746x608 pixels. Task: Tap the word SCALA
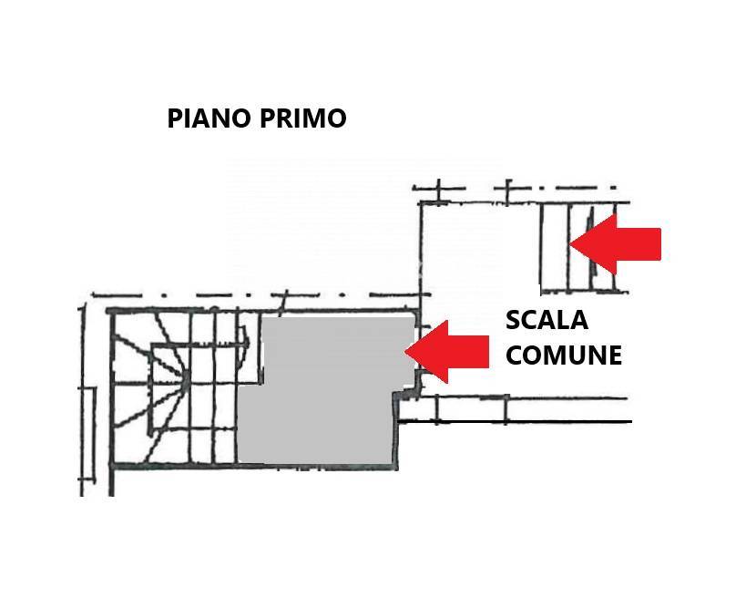coord(547,321)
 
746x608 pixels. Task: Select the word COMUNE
coord(563,355)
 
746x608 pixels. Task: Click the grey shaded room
coord(319,401)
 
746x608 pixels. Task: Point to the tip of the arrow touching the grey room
coord(407,352)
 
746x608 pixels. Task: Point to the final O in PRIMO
coord(335,119)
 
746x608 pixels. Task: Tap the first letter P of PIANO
coord(175,119)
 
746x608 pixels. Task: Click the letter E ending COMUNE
coord(614,355)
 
